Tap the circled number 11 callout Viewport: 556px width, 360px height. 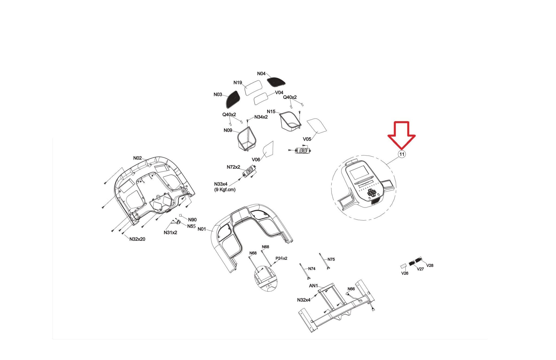tap(402, 154)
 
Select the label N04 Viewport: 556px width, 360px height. tap(261, 74)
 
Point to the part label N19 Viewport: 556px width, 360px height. tap(238, 83)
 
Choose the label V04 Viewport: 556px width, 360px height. tap(279, 93)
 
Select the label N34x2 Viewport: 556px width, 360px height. tap(261, 117)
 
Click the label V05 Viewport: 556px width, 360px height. tap(307, 139)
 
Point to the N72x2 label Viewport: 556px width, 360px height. tap(233, 167)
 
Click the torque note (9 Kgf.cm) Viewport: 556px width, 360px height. tap(225, 190)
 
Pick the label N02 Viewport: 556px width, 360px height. tap(137, 158)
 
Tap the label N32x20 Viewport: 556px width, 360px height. tap(137, 239)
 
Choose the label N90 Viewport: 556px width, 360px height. tap(192, 220)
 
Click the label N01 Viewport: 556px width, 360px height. tap(202, 229)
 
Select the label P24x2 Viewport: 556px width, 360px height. tap(281, 258)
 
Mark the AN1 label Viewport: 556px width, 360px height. tap(313, 286)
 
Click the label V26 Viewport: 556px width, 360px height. tap(405, 273)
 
